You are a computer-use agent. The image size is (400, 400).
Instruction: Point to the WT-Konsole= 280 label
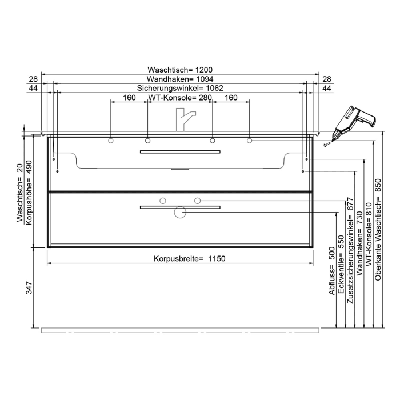(180, 98)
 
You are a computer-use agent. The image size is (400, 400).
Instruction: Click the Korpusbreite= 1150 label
(182, 258)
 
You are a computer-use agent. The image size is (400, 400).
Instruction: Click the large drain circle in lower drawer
(180, 213)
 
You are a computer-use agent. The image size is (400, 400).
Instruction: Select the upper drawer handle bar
(180, 152)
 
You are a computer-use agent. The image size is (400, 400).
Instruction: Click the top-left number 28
(33, 79)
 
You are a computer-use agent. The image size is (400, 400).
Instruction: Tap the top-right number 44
(327, 88)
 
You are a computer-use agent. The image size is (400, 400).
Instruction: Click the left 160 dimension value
(129, 98)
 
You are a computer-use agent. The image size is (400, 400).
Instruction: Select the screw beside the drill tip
(326, 145)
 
